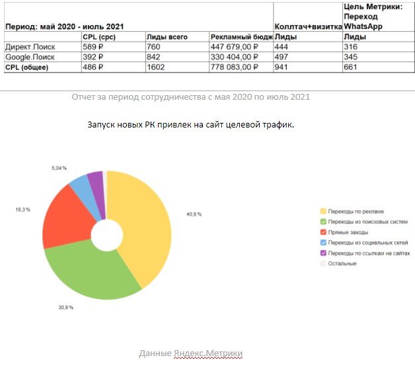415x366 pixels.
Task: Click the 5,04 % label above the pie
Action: point(59,169)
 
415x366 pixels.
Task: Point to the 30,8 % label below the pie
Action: point(65,308)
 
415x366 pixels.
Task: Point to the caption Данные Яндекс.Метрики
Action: point(191,354)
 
